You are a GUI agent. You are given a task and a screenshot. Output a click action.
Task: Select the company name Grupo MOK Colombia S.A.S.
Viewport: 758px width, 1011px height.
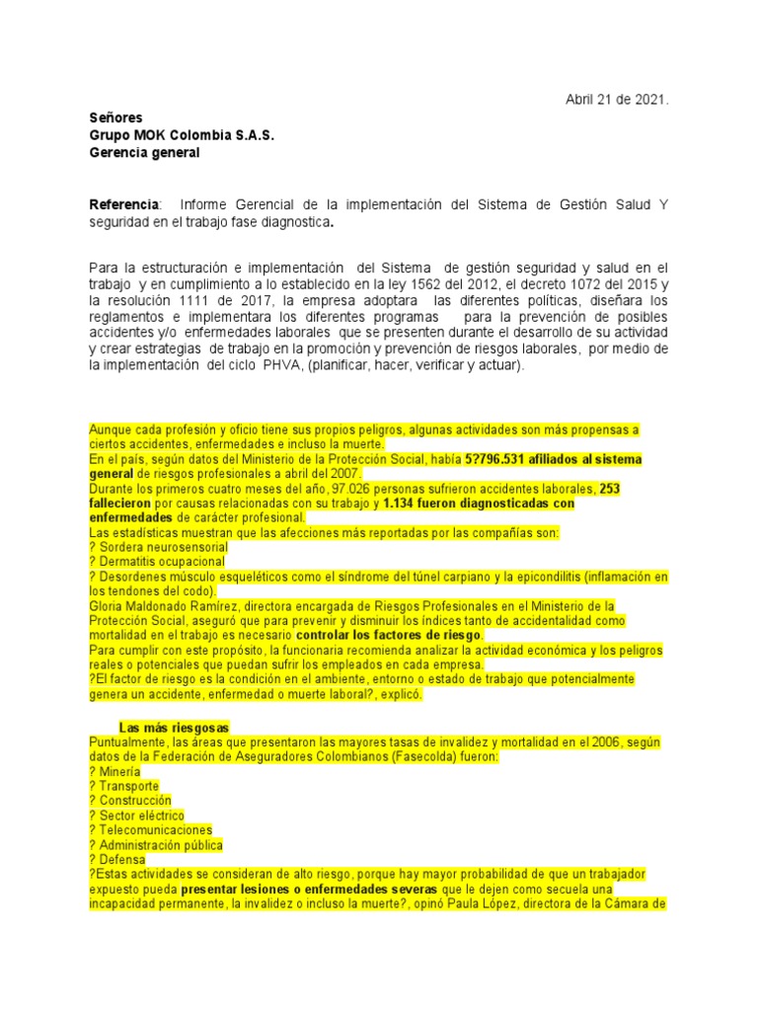182,134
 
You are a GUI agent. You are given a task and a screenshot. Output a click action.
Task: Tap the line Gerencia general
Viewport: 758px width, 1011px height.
144,152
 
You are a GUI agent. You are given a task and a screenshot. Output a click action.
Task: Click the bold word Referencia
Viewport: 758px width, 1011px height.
123,204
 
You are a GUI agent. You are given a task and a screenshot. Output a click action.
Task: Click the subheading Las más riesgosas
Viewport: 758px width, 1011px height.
174,727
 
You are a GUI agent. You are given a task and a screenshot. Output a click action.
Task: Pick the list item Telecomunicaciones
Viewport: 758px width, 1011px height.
156,830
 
